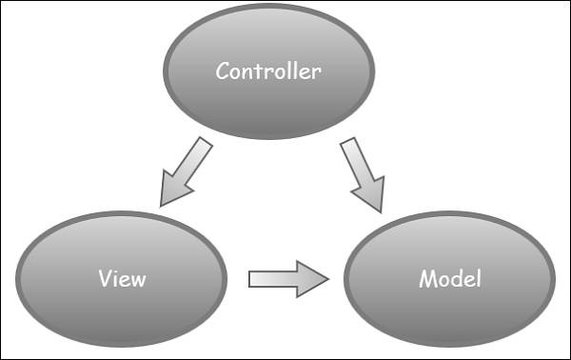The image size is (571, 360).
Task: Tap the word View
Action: coord(123,279)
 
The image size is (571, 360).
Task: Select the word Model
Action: coord(450,279)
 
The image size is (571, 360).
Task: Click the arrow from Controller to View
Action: coord(187,171)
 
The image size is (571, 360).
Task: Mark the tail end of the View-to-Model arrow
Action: coord(251,278)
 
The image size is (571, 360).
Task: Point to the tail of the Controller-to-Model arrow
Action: coord(348,143)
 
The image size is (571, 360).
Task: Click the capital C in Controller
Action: coord(223,70)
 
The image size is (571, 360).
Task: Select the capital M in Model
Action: coord(426,279)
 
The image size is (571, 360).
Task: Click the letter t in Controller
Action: coord(254,70)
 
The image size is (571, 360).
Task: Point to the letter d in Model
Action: coord(459,279)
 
